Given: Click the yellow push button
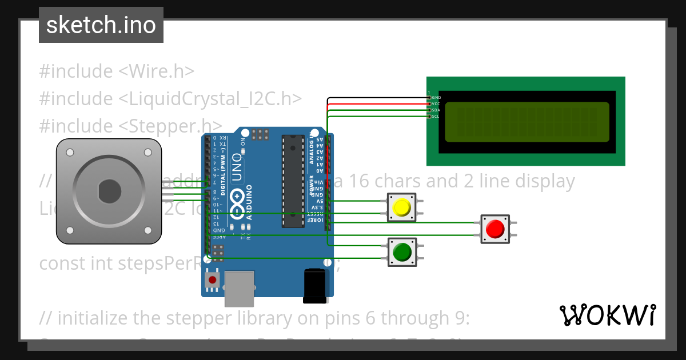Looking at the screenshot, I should click(x=402, y=207).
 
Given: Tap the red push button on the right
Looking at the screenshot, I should click(x=494, y=229).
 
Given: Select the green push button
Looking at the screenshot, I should click(x=402, y=251).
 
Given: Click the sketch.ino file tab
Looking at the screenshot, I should click(x=101, y=25).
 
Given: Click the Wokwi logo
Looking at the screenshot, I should click(x=607, y=315).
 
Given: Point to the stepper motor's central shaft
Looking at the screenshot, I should click(x=109, y=191).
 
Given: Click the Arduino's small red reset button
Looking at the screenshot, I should click(x=213, y=280).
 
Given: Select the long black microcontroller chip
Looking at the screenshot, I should click(x=292, y=181).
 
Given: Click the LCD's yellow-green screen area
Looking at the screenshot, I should click(x=527, y=122).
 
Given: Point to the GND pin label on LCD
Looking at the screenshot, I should click(x=436, y=98).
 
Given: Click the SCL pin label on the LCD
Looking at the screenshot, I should click(x=436, y=117).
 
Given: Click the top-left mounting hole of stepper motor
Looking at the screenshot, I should click(x=70, y=153).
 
